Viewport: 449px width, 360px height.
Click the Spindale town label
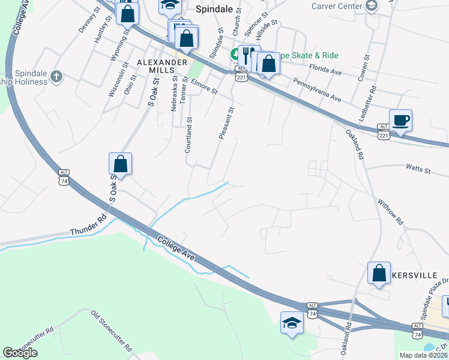[x=216, y=10]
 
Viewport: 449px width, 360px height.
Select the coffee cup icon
[x=401, y=120]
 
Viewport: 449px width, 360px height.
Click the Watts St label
[x=418, y=170]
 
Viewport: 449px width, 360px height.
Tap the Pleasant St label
[x=225, y=120]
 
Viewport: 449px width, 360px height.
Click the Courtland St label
[x=188, y=134]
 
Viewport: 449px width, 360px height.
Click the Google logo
[x=20, y=353]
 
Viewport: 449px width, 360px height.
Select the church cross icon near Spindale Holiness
[x=56, y=76]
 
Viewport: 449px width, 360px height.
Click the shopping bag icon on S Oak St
[x=120, y=164]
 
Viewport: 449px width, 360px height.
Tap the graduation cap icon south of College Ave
[x=292, y=323]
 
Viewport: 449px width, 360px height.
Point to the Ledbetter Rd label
[x=368, y=103]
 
